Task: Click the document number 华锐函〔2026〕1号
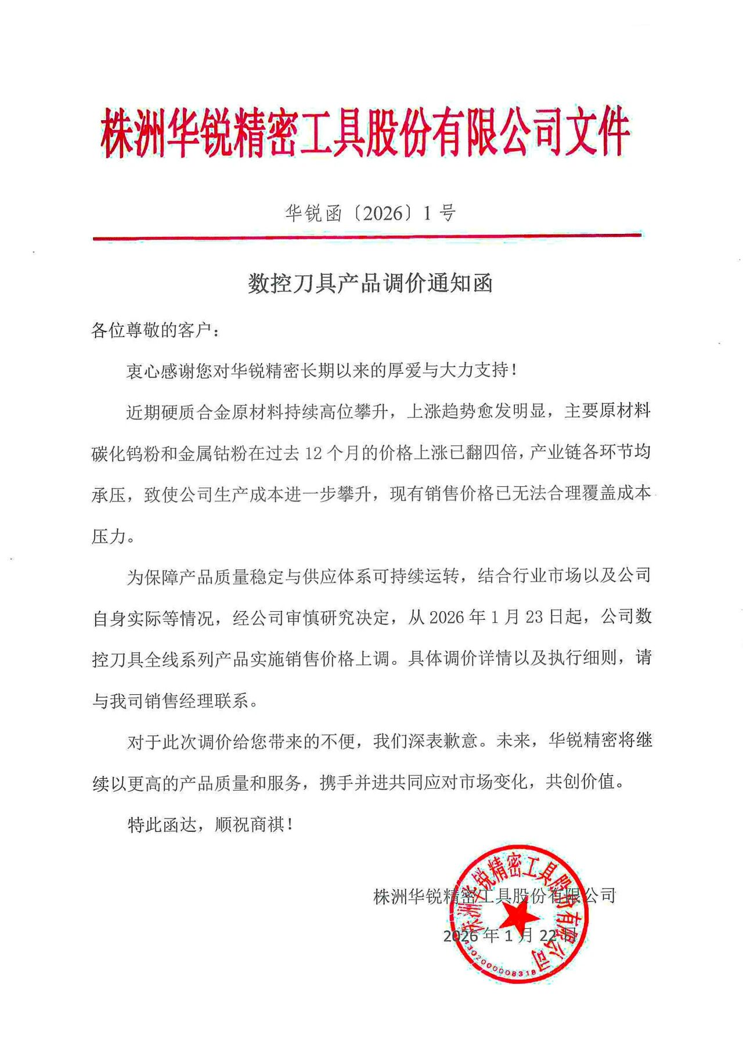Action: pyautogui.click(x=370, y=214)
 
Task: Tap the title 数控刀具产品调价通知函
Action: pyautogui.click(x=370, y=284)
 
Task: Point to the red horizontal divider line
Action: pyautogui.click(x=367, y=237)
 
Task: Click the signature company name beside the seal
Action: pyautogui.click(x=494, y=896)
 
